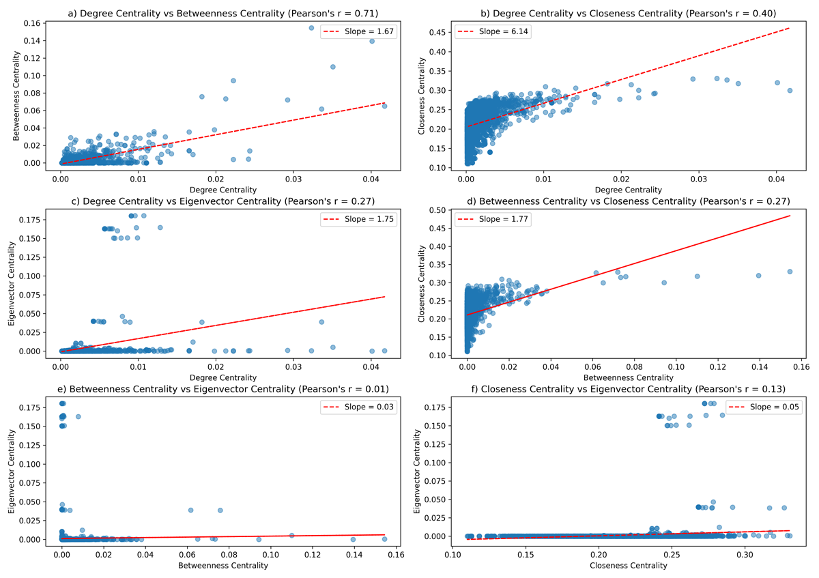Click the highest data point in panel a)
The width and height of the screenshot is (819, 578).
311,28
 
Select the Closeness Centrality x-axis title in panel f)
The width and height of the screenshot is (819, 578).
628,566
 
